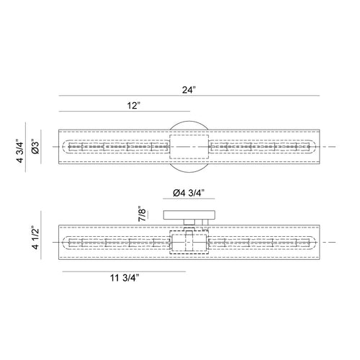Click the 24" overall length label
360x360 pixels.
[189, 90]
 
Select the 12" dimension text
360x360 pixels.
[133, 105]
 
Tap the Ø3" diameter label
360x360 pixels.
[35, 146]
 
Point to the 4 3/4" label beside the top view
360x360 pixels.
[20, 150]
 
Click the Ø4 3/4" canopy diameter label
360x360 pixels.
[189, 193]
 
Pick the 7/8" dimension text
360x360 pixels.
[142, 213]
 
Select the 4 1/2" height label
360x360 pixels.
[35, 238]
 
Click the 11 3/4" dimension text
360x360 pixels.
[125, 278]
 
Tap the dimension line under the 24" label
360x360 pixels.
[189, 96]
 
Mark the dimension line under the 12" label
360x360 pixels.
[125, 112]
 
